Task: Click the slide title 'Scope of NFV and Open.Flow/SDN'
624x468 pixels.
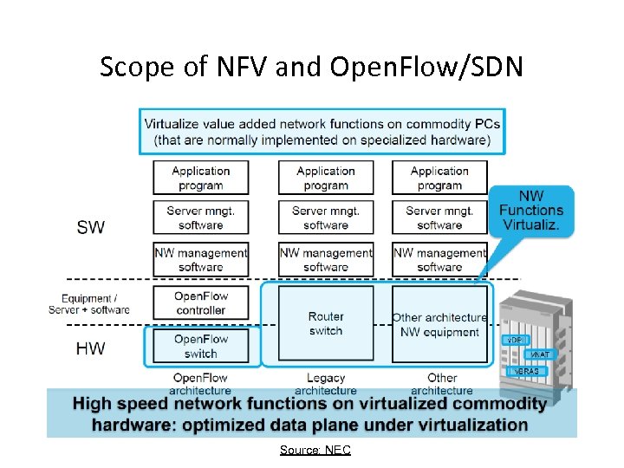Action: [x=311, y=67]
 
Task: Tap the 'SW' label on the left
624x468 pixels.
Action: [x=91, y=227]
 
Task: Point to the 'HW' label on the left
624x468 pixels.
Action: [x=91, y=348]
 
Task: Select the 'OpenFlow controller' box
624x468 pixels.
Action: [x=201, y=302]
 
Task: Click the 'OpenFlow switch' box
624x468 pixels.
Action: [x=201, y=346]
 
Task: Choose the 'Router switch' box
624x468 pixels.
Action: [x=326, y=323]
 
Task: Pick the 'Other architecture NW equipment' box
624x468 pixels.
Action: [x=439, y=324]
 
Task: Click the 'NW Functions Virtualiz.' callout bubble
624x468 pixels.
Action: [x=531, y=210]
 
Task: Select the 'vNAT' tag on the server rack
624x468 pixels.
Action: [x=539, y=355]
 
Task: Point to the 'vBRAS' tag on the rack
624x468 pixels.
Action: [x=526, y=370]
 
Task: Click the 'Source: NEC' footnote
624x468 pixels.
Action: [x=315, y=450]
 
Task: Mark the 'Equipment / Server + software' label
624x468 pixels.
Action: [x=90, y=303]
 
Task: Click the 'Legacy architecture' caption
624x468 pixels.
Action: [x=326, y=384]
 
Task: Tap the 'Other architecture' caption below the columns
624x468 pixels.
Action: [x=442, y=384]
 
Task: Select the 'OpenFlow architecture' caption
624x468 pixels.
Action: [x=201, y=384]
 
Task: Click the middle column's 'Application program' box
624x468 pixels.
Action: [x=326, y=178]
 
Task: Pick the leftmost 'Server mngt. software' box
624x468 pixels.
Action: [x=201, y=218]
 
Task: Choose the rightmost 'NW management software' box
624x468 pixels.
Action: [x=439, y=260]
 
